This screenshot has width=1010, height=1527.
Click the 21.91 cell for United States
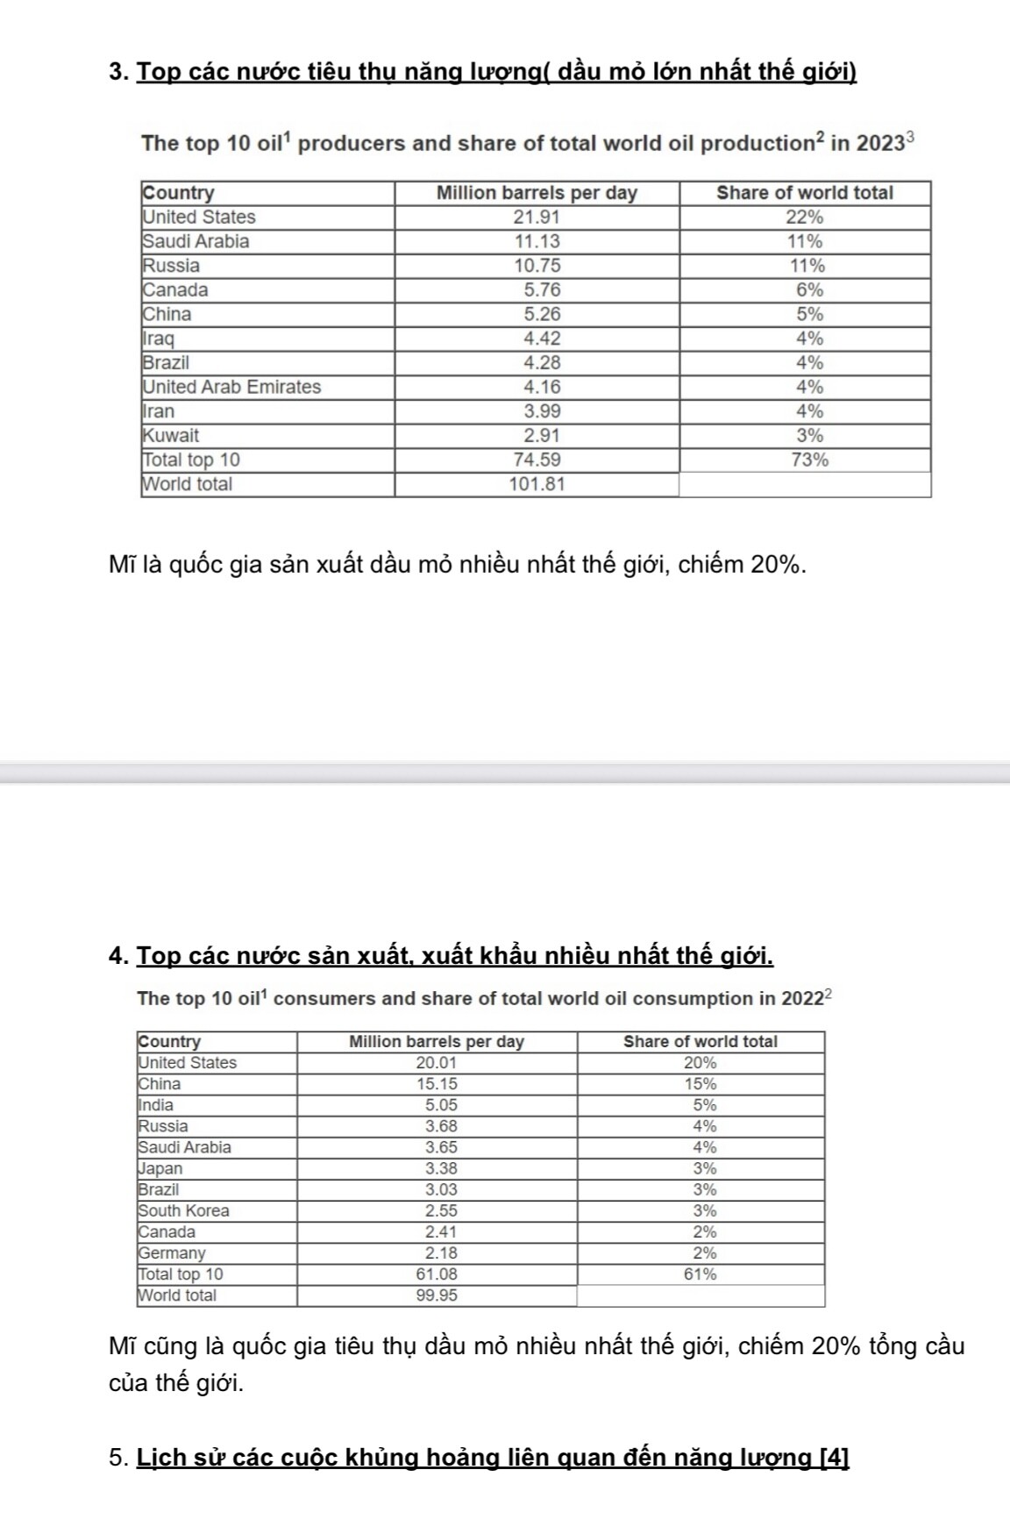pos(537,217)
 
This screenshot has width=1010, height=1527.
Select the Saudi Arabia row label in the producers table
pos(196,241)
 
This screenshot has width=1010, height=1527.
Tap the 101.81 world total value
pos(537,484)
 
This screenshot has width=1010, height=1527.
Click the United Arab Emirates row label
pos(231,387)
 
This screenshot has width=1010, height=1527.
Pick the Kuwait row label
pos(171,435)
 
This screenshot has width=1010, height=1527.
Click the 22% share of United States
pos(804,217)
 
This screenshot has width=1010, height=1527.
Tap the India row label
pos(156,1105)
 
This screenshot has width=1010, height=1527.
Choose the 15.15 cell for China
pos(437,1084)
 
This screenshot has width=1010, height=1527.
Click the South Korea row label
pos(183,1210)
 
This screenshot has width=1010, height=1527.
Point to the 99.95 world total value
pos(437,1295)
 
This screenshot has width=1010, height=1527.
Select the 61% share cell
pos(700,1274)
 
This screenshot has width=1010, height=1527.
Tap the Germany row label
pos(172,1253)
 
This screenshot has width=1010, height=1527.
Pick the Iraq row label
pos(159,339)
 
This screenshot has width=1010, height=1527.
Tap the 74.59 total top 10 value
pos(537,460)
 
